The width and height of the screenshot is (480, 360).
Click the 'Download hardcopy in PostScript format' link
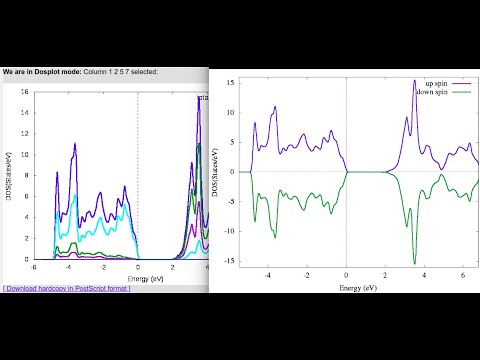67,288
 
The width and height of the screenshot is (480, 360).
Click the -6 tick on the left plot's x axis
34,268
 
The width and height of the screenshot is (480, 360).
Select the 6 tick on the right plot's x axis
462,273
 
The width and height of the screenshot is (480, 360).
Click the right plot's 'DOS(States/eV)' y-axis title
215,172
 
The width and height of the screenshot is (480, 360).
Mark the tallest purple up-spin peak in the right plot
414,82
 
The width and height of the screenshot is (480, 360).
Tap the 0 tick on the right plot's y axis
230,172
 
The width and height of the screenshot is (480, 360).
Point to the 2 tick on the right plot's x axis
385,273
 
